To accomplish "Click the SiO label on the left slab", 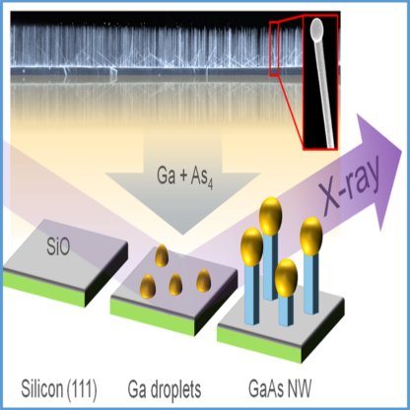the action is click(x=58, y=247).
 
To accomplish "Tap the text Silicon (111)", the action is click(x=59, y=389).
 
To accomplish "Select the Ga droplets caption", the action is click(x=165, y=389).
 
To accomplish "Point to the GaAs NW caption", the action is click(x=280, y=389).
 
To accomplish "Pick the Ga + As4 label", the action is click(x=184, y=177).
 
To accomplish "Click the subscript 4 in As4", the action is click(x=210, y=184).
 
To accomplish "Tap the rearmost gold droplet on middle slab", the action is click(x=162, y=255).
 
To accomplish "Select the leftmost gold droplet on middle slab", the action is click(x=147, y=286).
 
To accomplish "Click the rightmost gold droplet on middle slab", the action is click(x=203, y=280).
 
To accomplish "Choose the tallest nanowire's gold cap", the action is click(x=270, y=216).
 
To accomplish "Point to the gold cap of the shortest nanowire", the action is click(x=286, y=278).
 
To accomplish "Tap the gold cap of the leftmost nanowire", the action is click(x=251, y=246).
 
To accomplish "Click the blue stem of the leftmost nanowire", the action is click(x=252, y=296).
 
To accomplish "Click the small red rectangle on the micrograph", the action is click(x=274, y=48).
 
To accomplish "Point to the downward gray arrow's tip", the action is click(x=182, y=236).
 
